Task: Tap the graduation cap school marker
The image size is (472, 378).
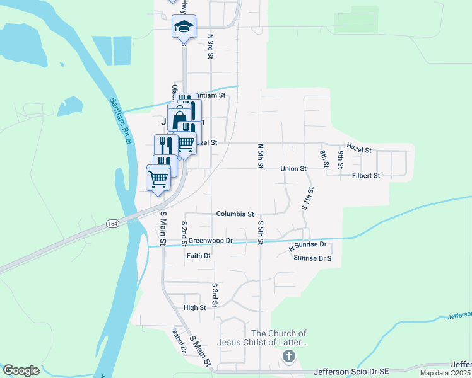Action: [x=184, y=27]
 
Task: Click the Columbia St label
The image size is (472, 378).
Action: [x=235, y=214]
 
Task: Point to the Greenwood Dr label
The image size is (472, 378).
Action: [x=211, y=241]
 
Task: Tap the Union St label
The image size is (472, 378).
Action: [x=293, y=169]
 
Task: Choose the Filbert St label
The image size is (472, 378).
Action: [x=366, y=176]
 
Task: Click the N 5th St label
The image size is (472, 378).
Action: [x=260, y=156]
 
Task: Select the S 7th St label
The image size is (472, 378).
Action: [x=308, y=198]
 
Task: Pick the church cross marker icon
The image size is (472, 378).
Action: [x=288, y=357]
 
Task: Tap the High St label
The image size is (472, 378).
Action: [x=194, y=307]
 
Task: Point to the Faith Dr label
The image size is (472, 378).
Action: [x=198, y=256]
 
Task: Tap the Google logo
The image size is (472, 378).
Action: [x=21, y=370]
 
